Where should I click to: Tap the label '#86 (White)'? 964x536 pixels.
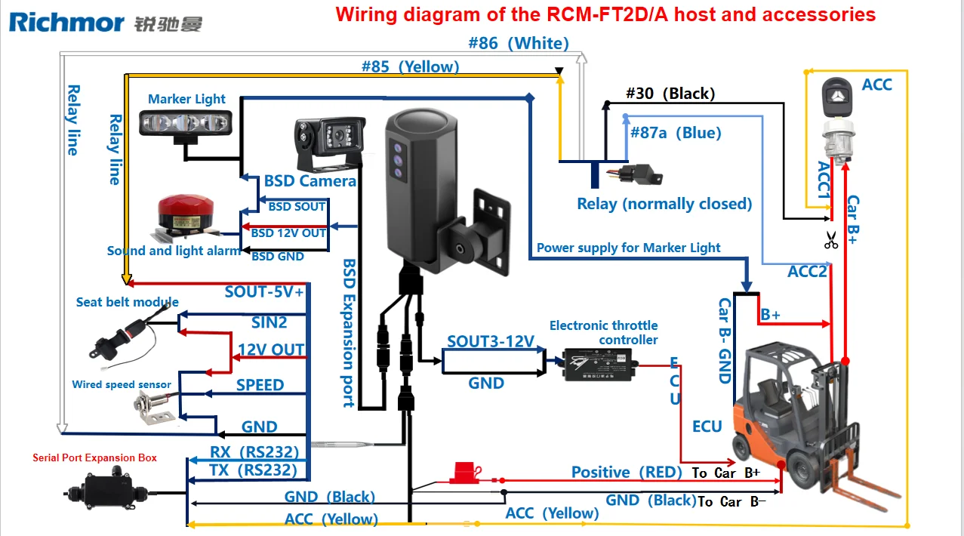(519, 43)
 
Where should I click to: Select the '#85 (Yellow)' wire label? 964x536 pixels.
(410, 66)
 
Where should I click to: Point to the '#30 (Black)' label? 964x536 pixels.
(670, 94)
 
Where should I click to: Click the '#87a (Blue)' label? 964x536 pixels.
(675, 133)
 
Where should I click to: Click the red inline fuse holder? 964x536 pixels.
(460, 473)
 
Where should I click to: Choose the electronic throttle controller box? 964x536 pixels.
(601, 365)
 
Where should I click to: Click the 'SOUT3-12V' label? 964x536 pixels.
(491, 341)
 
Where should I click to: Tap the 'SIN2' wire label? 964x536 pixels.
(269, 323)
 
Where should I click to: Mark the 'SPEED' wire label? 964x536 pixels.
(260, 385)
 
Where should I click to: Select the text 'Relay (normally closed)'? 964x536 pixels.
(664, 204)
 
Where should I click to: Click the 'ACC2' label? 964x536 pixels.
(807, 272)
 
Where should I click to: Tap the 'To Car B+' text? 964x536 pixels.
(725, 473)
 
